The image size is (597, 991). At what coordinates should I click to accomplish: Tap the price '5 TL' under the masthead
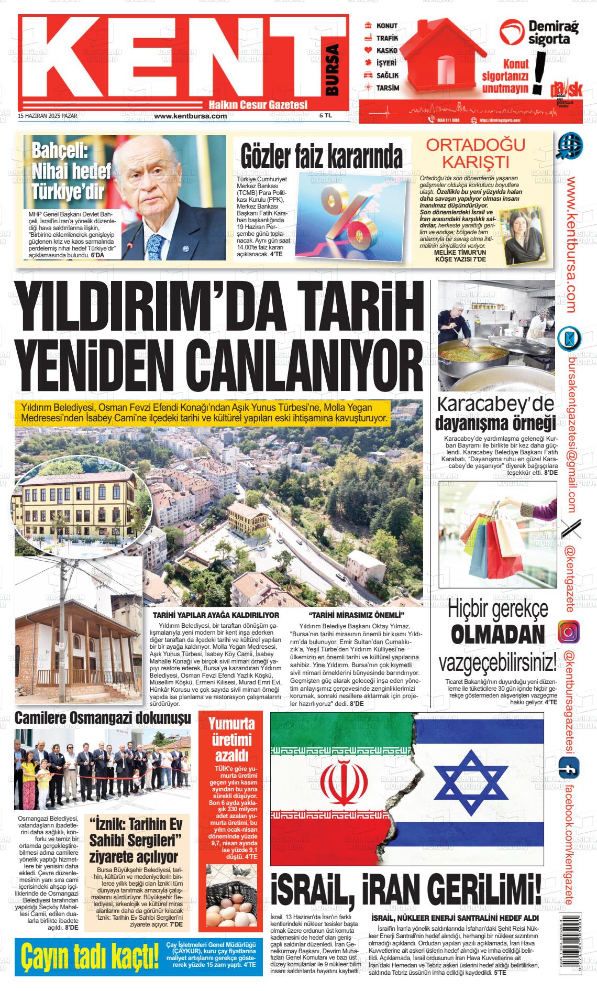pyautogui.click(x=325, y=116)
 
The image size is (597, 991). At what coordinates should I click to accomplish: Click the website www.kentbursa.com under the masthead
pyautogui.click(x=191, y=116)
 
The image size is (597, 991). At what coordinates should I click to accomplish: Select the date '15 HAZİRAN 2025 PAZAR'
pyautogui.click(x=48, y=116)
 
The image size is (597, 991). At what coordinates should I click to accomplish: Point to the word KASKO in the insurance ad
pyautogui.click(x=387, y=51)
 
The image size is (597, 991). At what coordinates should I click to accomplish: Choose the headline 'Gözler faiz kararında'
pyautogui.click(x=322, y=156)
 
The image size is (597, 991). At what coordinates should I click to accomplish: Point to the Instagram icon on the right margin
pyautogui.click(x=569, y=631)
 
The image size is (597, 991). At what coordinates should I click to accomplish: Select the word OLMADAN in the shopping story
pyautogui.click(x=497, y=635)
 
